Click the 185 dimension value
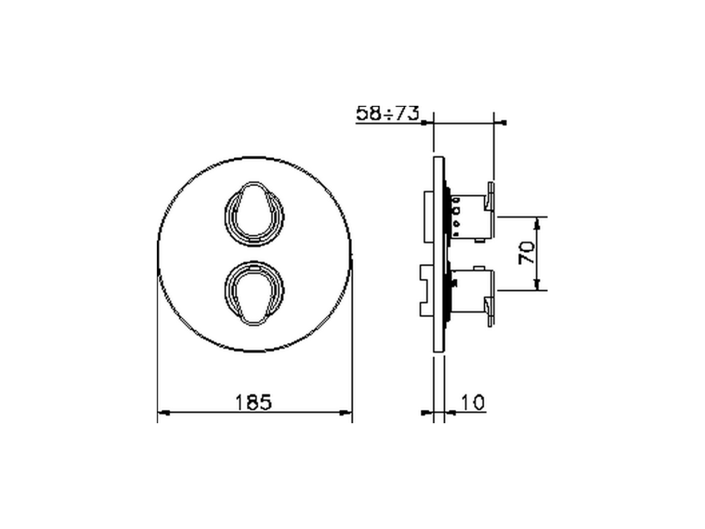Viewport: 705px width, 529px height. pyautogui.click(x=254, y=403)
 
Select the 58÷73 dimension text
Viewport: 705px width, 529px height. pyautogui.click(x=388, y=113)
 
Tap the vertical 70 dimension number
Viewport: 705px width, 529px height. pyautogui.click(x=527, y=253)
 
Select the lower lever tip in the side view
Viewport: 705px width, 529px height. pyautogui.click(x=490, y=311)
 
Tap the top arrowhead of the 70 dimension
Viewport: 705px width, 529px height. pyautogui.click(x=539, y=221)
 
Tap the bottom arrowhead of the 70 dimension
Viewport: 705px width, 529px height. pyautogui.click(x=539, y=285)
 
